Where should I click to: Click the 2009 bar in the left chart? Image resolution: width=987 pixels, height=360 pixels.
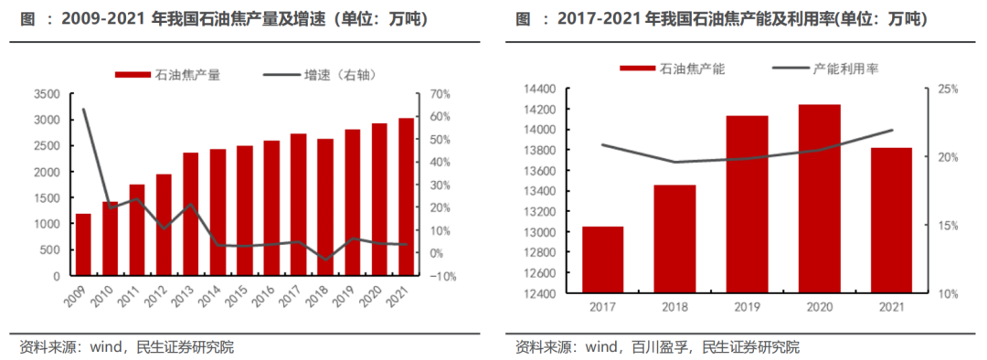(83, 244)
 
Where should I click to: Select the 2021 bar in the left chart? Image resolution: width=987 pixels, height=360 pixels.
(405, 196)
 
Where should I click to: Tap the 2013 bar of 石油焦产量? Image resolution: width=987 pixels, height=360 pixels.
(190, 214)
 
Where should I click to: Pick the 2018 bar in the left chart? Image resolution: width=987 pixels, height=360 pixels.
(324, 206)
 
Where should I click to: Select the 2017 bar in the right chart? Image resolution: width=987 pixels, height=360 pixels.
(603, 259)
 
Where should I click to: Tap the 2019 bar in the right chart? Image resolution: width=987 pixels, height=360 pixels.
(747, 205)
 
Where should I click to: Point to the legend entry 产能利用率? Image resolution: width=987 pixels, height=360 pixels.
(826, 69)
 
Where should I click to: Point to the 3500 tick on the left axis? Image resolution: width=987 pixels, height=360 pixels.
(46, 94)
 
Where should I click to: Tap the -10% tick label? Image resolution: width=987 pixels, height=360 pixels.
(442, 276)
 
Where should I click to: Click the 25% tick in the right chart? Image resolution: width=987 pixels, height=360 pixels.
(947, 89)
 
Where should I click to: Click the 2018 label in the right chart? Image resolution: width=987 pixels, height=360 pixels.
(674, 309)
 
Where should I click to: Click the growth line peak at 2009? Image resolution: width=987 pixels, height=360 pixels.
(83, 110)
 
